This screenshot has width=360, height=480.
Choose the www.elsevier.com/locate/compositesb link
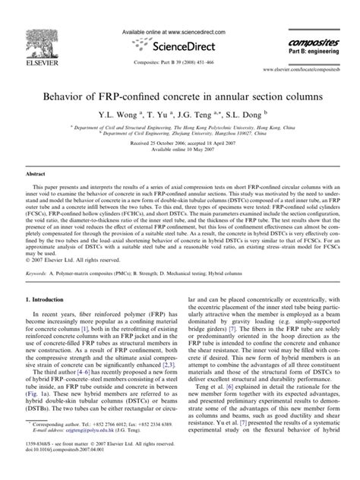300,68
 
